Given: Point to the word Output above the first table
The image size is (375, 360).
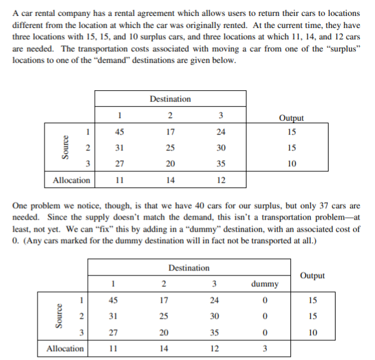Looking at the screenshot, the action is [x=291, y=118].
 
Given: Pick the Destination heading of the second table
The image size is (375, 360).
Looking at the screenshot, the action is [x=189, y=267].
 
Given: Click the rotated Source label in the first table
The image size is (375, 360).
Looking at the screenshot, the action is [x=62, y=148].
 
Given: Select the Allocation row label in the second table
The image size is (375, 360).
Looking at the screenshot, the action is [x=65, y=348].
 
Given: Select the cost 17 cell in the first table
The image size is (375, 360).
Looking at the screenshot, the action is [x=170, y=133].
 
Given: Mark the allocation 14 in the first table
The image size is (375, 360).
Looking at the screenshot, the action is [x=170, y=180].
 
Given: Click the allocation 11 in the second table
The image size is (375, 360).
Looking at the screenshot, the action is [x=112, y=348].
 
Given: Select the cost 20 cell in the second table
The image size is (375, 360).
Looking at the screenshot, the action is [x=163, y=331].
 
